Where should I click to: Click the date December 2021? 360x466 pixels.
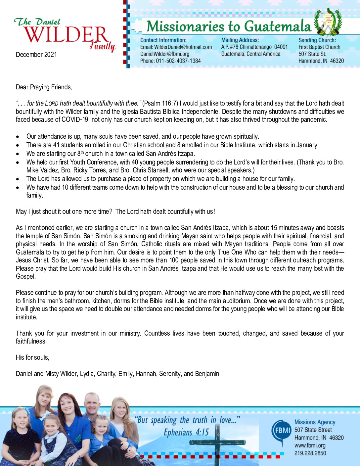click(36, 55)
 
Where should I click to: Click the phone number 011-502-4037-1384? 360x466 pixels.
click(178, 61)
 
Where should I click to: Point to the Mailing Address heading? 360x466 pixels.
click(240, 40)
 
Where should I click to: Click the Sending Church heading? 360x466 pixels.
click(317, 40)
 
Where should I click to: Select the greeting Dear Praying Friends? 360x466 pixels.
click(44, 87)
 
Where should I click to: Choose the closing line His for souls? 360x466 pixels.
click(32, 357)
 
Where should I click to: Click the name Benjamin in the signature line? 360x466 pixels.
click(207, 374)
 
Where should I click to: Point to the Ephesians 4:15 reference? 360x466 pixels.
click(186, 432)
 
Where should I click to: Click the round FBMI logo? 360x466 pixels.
click(281, 431)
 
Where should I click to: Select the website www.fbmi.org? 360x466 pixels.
click(310, 445)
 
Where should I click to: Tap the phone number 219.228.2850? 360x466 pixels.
click(310, 453)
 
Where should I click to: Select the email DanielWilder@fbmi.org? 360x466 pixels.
click(165, 54)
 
